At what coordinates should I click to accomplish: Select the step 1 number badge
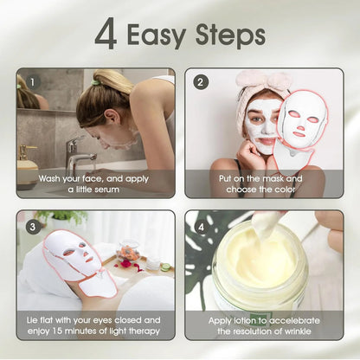[32, 83]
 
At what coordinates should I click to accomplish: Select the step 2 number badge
[201, 83]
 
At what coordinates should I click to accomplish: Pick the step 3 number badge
[32, 226]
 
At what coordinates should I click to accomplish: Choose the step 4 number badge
[201, 226]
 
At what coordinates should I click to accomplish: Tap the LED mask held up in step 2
[298, 125]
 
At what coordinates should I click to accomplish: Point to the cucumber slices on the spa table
[163, 267]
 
